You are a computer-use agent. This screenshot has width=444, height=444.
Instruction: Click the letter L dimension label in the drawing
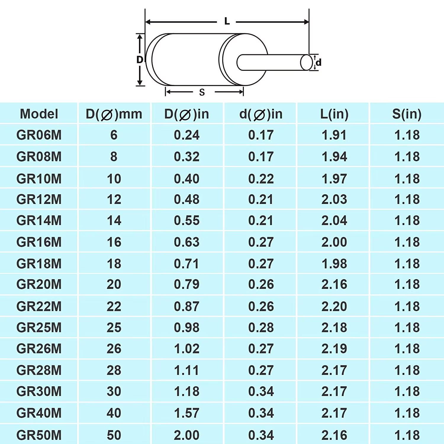pos(227,21)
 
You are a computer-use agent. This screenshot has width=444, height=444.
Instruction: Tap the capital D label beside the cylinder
pos(140,60)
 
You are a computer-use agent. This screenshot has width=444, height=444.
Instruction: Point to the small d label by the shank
pos(318,62)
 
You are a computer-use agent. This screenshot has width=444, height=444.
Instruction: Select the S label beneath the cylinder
pos(202,92)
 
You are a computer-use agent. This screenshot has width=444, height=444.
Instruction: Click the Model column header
pos(39,114)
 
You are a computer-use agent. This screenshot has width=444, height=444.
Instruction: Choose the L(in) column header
pos(334,114)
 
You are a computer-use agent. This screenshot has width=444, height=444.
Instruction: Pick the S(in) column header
pos(407,114)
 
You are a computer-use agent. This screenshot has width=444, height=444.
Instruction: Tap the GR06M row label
pos(39,135)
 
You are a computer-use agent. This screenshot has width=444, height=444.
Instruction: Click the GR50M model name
pos(39,435)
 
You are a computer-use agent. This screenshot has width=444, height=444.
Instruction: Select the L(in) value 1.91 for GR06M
pos(334,135)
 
